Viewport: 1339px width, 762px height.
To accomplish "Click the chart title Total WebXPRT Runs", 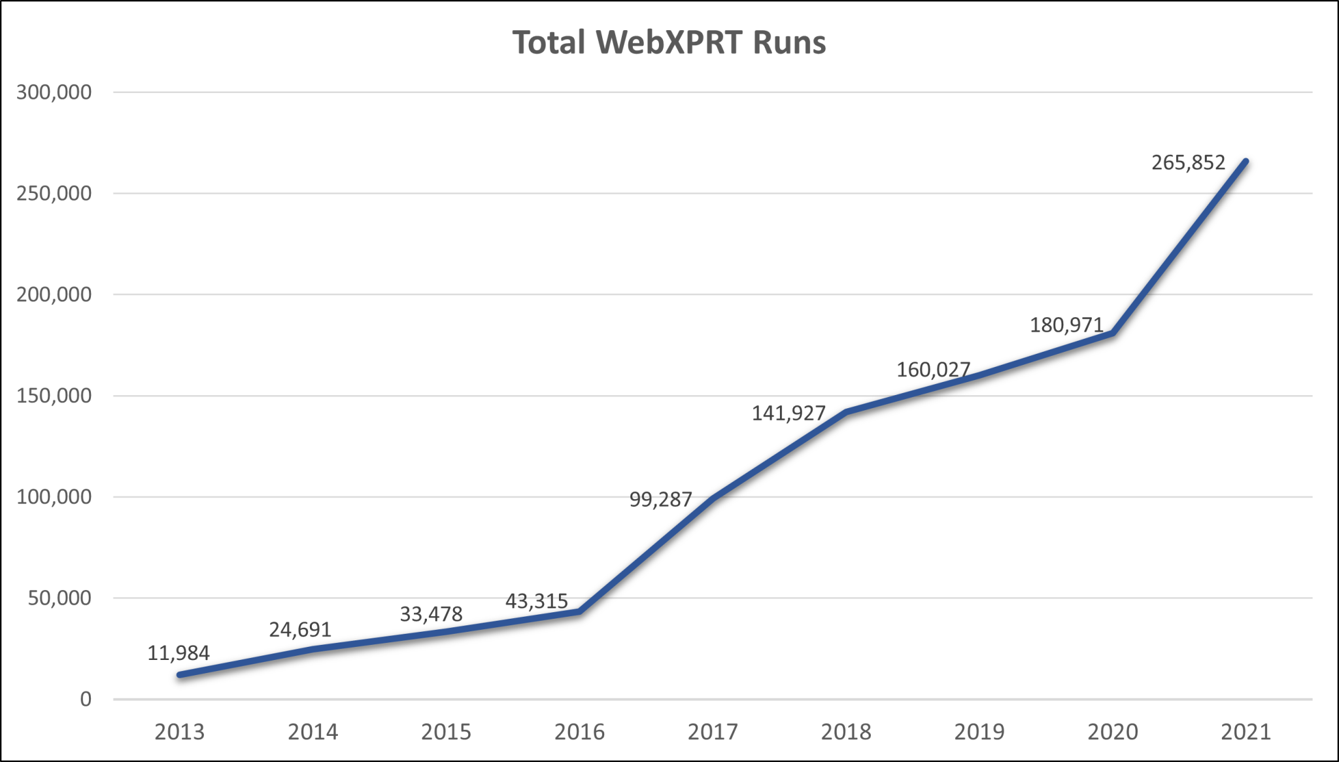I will (x=669, y=43).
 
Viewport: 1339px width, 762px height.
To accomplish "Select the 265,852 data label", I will (x=1188, y=162).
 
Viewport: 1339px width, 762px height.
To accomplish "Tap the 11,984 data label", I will (x=178, y=653).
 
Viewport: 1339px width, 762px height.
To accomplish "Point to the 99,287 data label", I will (x=660, y=500).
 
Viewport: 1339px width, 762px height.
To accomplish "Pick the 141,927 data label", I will (x=788, y=413).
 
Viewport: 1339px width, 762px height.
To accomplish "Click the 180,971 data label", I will (x=1066, y=325).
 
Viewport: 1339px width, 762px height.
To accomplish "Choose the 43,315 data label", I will (x=536, y=601).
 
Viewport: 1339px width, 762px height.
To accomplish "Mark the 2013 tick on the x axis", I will (x=180, y=732).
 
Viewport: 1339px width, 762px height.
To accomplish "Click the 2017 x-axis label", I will (x=713, y=732).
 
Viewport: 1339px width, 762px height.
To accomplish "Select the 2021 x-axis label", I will (x=1246, y=732).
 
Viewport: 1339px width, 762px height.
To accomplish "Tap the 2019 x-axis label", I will (x=979, y=732).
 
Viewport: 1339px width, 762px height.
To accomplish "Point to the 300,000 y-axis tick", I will (x=54, y=92).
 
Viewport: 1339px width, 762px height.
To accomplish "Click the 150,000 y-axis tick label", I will (x=54, y=396).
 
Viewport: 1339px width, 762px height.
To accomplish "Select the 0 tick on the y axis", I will (x=86, y=700).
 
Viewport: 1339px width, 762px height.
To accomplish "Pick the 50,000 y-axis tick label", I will (x=59, y=598).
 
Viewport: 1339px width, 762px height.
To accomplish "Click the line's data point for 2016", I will (x=579, y=612).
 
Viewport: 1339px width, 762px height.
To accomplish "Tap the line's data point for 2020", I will (x=1112, y=334).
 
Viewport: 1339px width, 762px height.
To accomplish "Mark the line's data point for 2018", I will (x=846, y=412).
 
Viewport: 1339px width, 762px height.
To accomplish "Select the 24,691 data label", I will (x=300, y=629).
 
